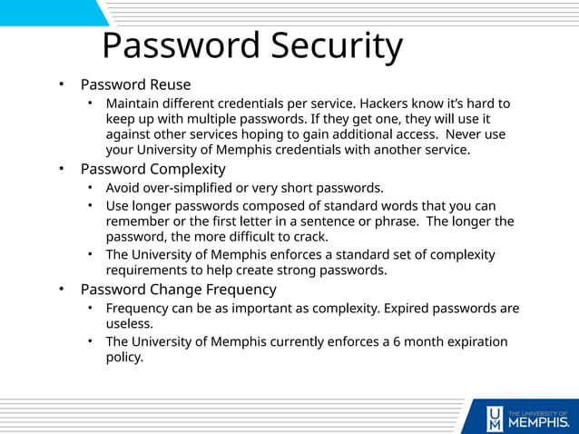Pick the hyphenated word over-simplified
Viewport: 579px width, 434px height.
click(197, 188)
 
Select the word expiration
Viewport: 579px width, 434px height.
click(474, 342)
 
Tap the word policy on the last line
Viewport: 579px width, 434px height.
click(125, 358)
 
